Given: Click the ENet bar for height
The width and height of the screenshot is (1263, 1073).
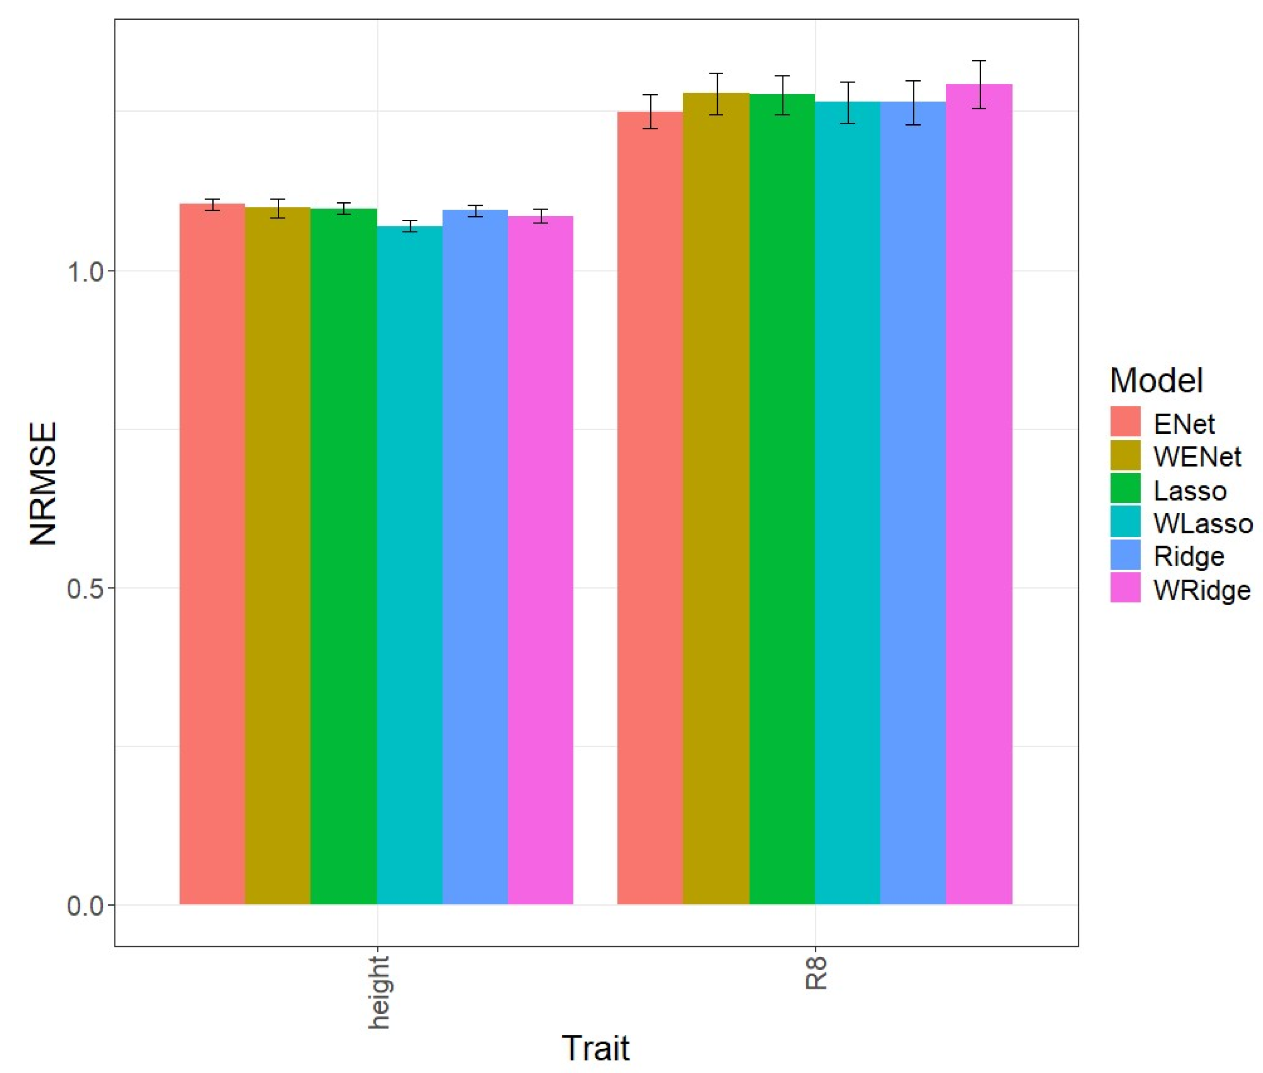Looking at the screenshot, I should [212, 554].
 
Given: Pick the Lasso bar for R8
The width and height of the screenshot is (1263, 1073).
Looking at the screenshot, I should [781, 499].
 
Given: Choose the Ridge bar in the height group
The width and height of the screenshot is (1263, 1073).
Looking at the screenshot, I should [475, 557].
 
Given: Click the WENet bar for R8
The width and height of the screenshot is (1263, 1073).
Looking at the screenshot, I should [716, 498].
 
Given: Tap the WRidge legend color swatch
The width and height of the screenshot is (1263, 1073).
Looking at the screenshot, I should [1124, 587].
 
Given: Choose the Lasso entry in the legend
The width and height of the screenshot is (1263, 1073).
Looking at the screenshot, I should [1189, 491].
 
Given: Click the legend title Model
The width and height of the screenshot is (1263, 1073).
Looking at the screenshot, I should [1155, 380].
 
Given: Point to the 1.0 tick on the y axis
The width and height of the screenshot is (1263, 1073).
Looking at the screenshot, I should [85, 271].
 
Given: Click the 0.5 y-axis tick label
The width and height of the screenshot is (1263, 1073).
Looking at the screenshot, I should [85, 588].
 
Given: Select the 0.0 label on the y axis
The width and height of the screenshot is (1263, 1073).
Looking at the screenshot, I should [85, 905].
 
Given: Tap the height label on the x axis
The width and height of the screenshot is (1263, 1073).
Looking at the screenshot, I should [378, 991].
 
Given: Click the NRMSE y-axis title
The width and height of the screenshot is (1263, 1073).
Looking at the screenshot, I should [44, 484].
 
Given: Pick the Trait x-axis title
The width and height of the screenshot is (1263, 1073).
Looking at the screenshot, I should [595, 1047].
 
